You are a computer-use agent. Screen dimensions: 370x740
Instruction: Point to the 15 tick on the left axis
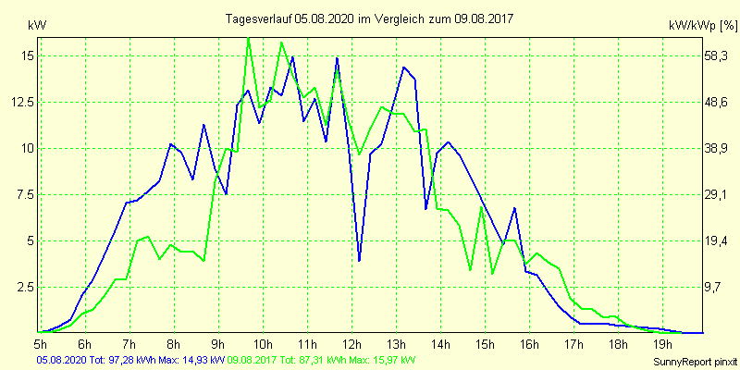click(x=28, y=55)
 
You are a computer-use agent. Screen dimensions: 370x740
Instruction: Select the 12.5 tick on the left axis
click(x=23, y=102)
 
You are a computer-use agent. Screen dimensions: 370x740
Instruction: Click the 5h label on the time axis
click(x=41, y=345)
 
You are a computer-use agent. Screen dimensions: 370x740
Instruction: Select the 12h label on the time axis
click(x=350, y=345)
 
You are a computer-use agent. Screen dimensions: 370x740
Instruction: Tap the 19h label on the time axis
click(x=660, y=345)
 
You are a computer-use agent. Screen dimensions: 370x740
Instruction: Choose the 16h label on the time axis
click(x=528, y=345)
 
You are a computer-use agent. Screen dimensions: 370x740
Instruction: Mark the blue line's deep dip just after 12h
click(x=359, y=261)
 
